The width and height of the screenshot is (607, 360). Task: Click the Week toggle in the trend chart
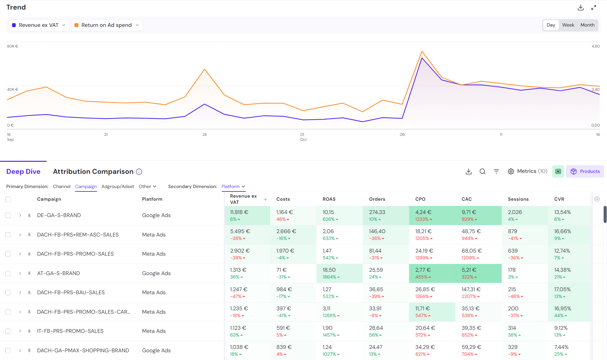tap(568, 25)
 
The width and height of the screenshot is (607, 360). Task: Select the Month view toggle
tap(587, 25)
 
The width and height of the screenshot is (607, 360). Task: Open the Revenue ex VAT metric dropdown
tap(39, 25)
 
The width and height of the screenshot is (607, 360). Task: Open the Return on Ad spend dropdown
tap(107, 25)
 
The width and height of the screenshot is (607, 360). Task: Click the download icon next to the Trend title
tap(580, 7)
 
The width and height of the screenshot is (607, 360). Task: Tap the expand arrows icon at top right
tap(593, 7)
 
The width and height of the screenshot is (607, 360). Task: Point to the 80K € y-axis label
tap(13, 46)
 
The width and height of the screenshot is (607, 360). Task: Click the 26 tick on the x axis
tap(204, 135)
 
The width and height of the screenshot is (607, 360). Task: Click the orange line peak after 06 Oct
tap(422, 51)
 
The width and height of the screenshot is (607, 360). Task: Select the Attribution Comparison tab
tap(93, 172)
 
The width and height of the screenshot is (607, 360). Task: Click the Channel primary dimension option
tap(61, 186)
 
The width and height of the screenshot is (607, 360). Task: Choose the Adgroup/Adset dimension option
tap(118, 186)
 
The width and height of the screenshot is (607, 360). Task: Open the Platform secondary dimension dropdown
tap(233, 186)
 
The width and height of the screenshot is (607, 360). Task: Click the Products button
tap(585, 171)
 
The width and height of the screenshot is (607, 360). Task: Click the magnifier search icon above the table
tap(482, 171)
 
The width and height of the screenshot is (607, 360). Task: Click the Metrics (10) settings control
tap(527, 171)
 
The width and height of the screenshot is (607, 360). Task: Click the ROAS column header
tap(329, 199)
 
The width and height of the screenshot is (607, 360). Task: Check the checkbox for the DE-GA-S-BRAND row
tap(8, 216)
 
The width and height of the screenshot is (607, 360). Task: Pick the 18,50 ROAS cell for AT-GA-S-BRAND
tap(329, 270)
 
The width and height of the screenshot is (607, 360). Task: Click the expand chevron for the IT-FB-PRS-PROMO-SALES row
tap(20, 331)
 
